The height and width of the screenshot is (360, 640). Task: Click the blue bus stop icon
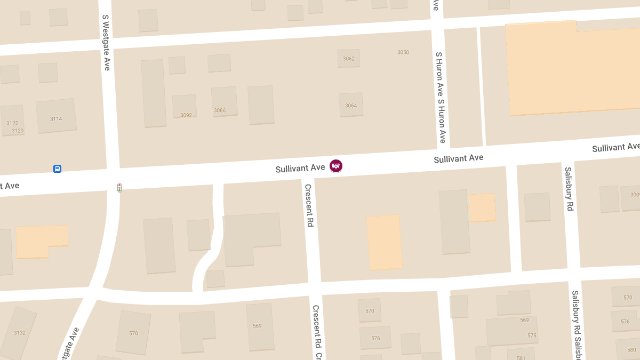coord(57,169)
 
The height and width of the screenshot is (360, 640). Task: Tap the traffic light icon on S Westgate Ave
coord(119,188)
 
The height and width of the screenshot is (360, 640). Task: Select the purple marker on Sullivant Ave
coord(336,166)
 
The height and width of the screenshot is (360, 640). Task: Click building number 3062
coord(349,59)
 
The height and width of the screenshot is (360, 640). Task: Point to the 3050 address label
coord(403,52)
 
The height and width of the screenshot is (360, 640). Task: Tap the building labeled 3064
coord(351,106)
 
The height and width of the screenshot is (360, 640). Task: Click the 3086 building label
coord(220,110)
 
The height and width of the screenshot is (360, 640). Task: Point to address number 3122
coord(12,123)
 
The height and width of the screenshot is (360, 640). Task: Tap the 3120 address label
coord(18,131)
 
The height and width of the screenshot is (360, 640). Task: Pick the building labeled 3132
coord(20,333)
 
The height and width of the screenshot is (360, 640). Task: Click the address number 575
coord(532,335)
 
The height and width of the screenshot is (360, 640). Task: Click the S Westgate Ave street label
coord(106,43)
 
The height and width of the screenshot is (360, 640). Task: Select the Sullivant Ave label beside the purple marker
coord(300,169)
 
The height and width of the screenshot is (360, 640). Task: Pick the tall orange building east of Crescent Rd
coord(385,243)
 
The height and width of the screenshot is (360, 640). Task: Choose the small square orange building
coord(482,207)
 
